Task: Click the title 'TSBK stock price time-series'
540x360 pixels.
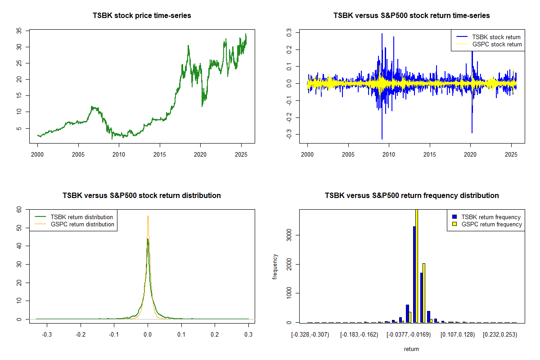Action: click(x=142, y=16)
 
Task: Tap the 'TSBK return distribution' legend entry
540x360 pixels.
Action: click(x=81, y=217)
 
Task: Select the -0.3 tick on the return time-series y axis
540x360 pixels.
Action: click(x=290, y=135)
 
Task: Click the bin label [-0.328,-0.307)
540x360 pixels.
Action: click(x=310, y=335)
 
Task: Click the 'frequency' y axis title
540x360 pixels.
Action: click(x=275, y=267)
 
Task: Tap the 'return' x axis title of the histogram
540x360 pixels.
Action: click(x=411, y=349)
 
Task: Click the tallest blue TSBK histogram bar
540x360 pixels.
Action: click(x=414, y=274)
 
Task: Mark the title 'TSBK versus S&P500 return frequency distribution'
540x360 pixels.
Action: click(x=411, y=196)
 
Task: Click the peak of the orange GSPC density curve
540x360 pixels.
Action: click(x=148, y=216)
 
